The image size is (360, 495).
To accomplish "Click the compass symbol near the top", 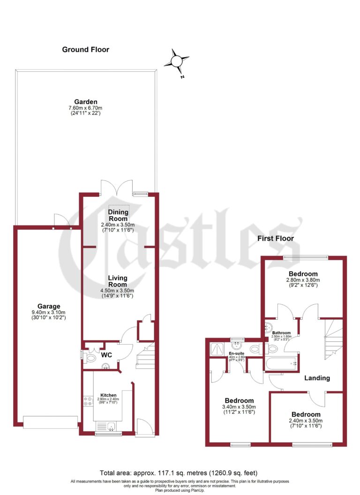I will click(176, 61).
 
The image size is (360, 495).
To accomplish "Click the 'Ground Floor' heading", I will click(85, 49).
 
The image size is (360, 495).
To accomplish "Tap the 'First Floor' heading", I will click(276, 238).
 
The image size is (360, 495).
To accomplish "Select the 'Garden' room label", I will click(85, 102).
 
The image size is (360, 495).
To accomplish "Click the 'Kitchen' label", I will click(108, 395).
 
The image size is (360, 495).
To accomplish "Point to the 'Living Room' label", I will click(117, 281).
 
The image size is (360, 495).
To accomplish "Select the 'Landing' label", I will click(317, 378).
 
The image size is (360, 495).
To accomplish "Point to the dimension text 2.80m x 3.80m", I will click(303, 280).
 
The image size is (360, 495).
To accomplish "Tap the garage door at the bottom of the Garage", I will click(50, 422).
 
